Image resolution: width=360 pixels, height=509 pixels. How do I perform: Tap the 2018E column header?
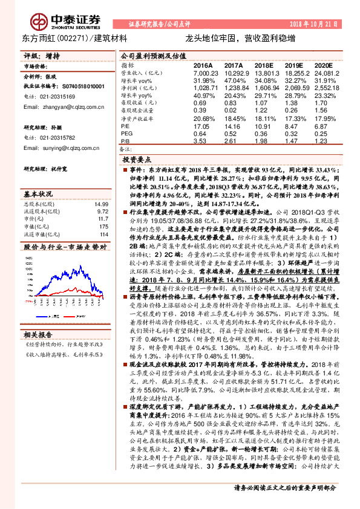pyautogui.click(x=264, y=65)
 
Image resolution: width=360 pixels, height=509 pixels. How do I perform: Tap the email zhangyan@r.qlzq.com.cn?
pyautogui.click(x=54, y=106)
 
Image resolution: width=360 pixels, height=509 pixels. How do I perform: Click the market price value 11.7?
pyautogui.click(x=102, y=219)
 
